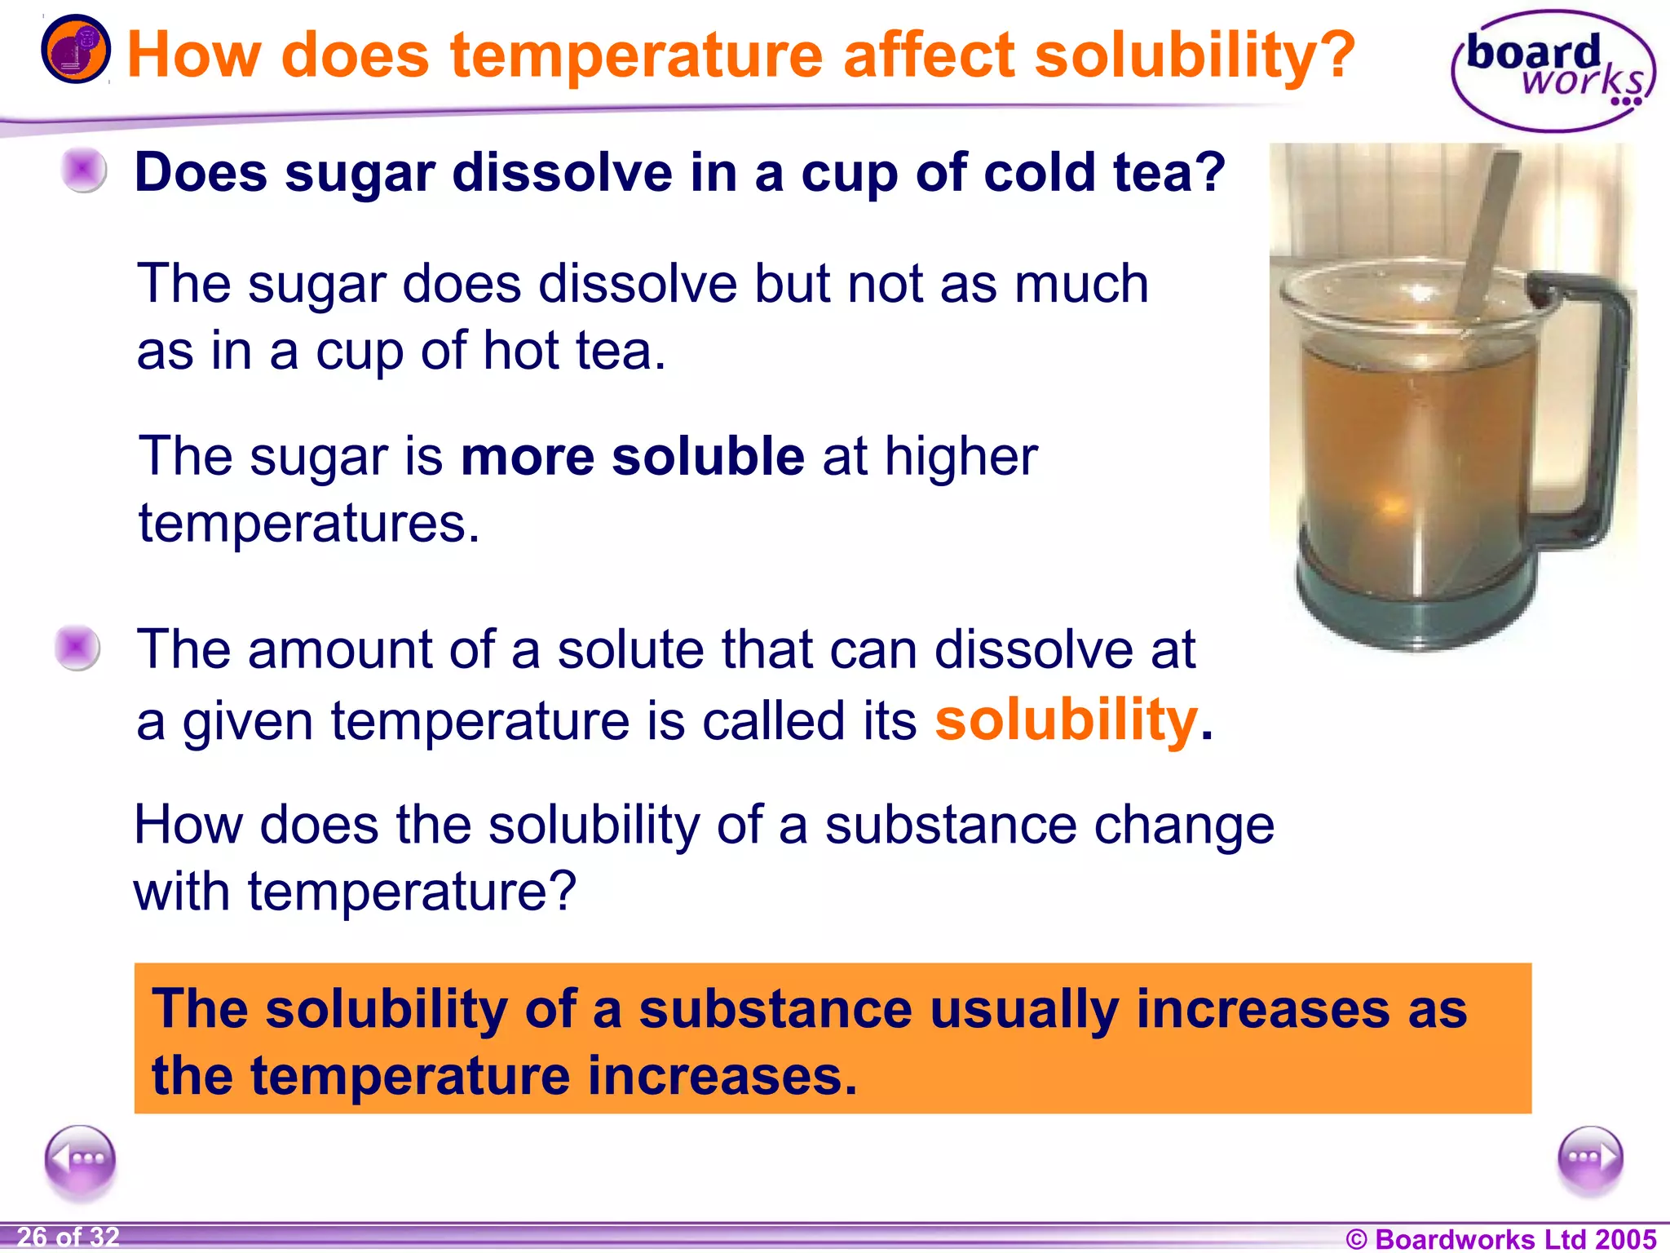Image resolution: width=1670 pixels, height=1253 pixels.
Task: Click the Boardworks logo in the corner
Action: point(1553,72)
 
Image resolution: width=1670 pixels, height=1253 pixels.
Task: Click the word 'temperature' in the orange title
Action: point(636,55)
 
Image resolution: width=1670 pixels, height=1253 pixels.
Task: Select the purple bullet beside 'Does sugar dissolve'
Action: point(83,170)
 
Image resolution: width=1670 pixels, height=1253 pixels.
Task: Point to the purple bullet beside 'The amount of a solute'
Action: point(77,648)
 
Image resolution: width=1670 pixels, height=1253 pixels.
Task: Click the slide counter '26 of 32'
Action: point(68,1237)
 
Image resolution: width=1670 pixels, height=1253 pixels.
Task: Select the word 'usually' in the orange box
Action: point(1024,1010)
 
